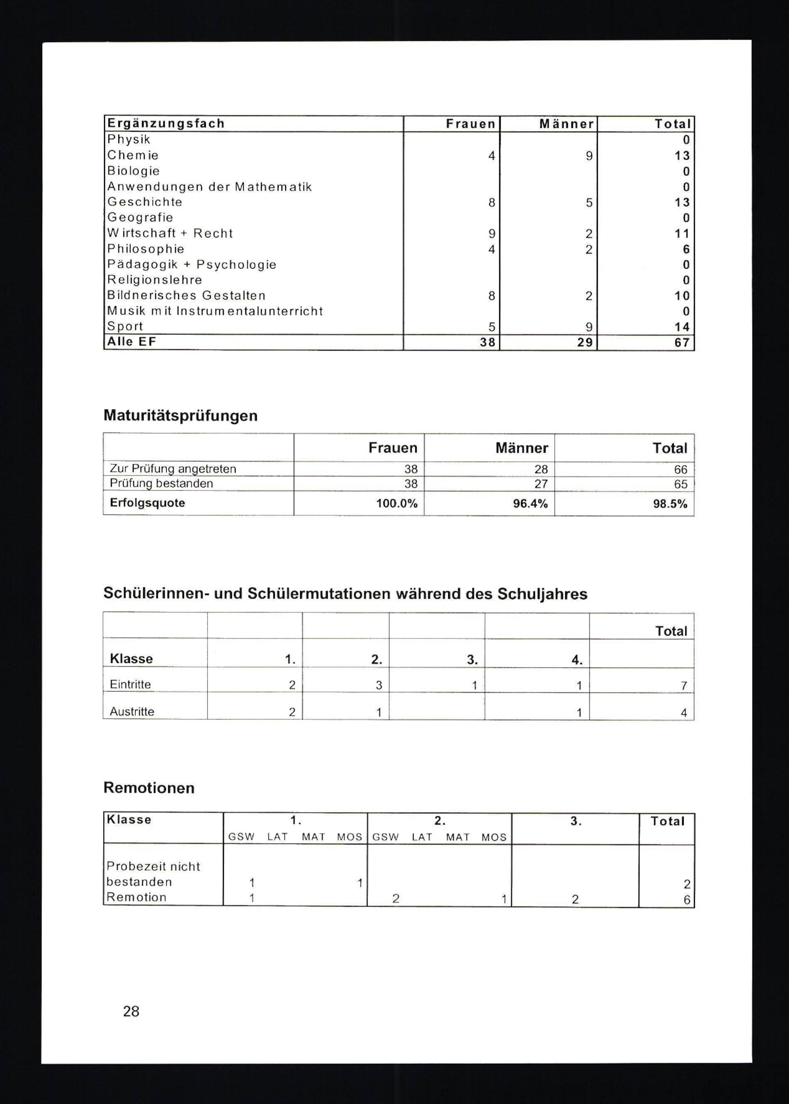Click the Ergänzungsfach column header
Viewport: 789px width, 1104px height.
tap(166, 123)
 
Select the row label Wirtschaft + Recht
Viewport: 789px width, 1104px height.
tap(170, 233)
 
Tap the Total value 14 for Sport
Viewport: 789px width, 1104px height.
tap(682, 327)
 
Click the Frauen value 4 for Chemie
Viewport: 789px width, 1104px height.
tap(492, 155)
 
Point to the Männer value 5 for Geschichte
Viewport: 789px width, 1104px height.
tap(589, 202)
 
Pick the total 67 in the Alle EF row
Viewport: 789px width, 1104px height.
tap(682, 342)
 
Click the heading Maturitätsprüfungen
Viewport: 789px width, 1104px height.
tap(180, 416)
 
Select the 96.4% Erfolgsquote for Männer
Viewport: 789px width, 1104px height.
tap(530, 504)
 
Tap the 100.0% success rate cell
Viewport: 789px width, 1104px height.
tap(396, 504)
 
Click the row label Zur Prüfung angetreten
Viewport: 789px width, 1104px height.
tap(173, 469)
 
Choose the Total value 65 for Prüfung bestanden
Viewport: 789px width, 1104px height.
tap(680, 484)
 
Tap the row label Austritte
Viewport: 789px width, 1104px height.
tap(132, 712)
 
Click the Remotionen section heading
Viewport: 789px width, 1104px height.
tap(149, 788)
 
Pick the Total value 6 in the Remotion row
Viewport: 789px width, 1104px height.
tap(686, 900)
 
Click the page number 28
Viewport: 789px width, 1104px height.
tap(131, 1011)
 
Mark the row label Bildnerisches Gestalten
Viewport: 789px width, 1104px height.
tap(186, 295)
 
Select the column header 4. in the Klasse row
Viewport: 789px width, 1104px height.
tap(577, 659)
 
